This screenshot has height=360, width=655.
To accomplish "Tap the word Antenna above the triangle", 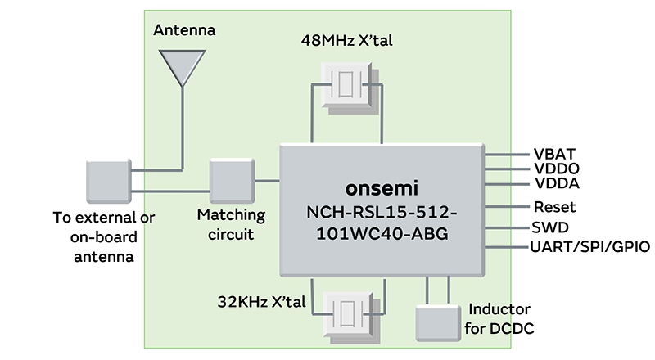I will point(184,31).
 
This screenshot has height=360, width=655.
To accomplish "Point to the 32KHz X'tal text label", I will point(261,301).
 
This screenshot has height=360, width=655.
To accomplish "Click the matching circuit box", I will point(232,182).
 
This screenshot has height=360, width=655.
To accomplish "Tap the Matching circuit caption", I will point(232,225).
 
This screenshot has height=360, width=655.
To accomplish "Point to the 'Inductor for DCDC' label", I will point(499,318).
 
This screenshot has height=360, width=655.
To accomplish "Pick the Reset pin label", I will point(554,207).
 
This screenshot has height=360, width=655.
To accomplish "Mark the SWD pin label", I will point(551,227).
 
